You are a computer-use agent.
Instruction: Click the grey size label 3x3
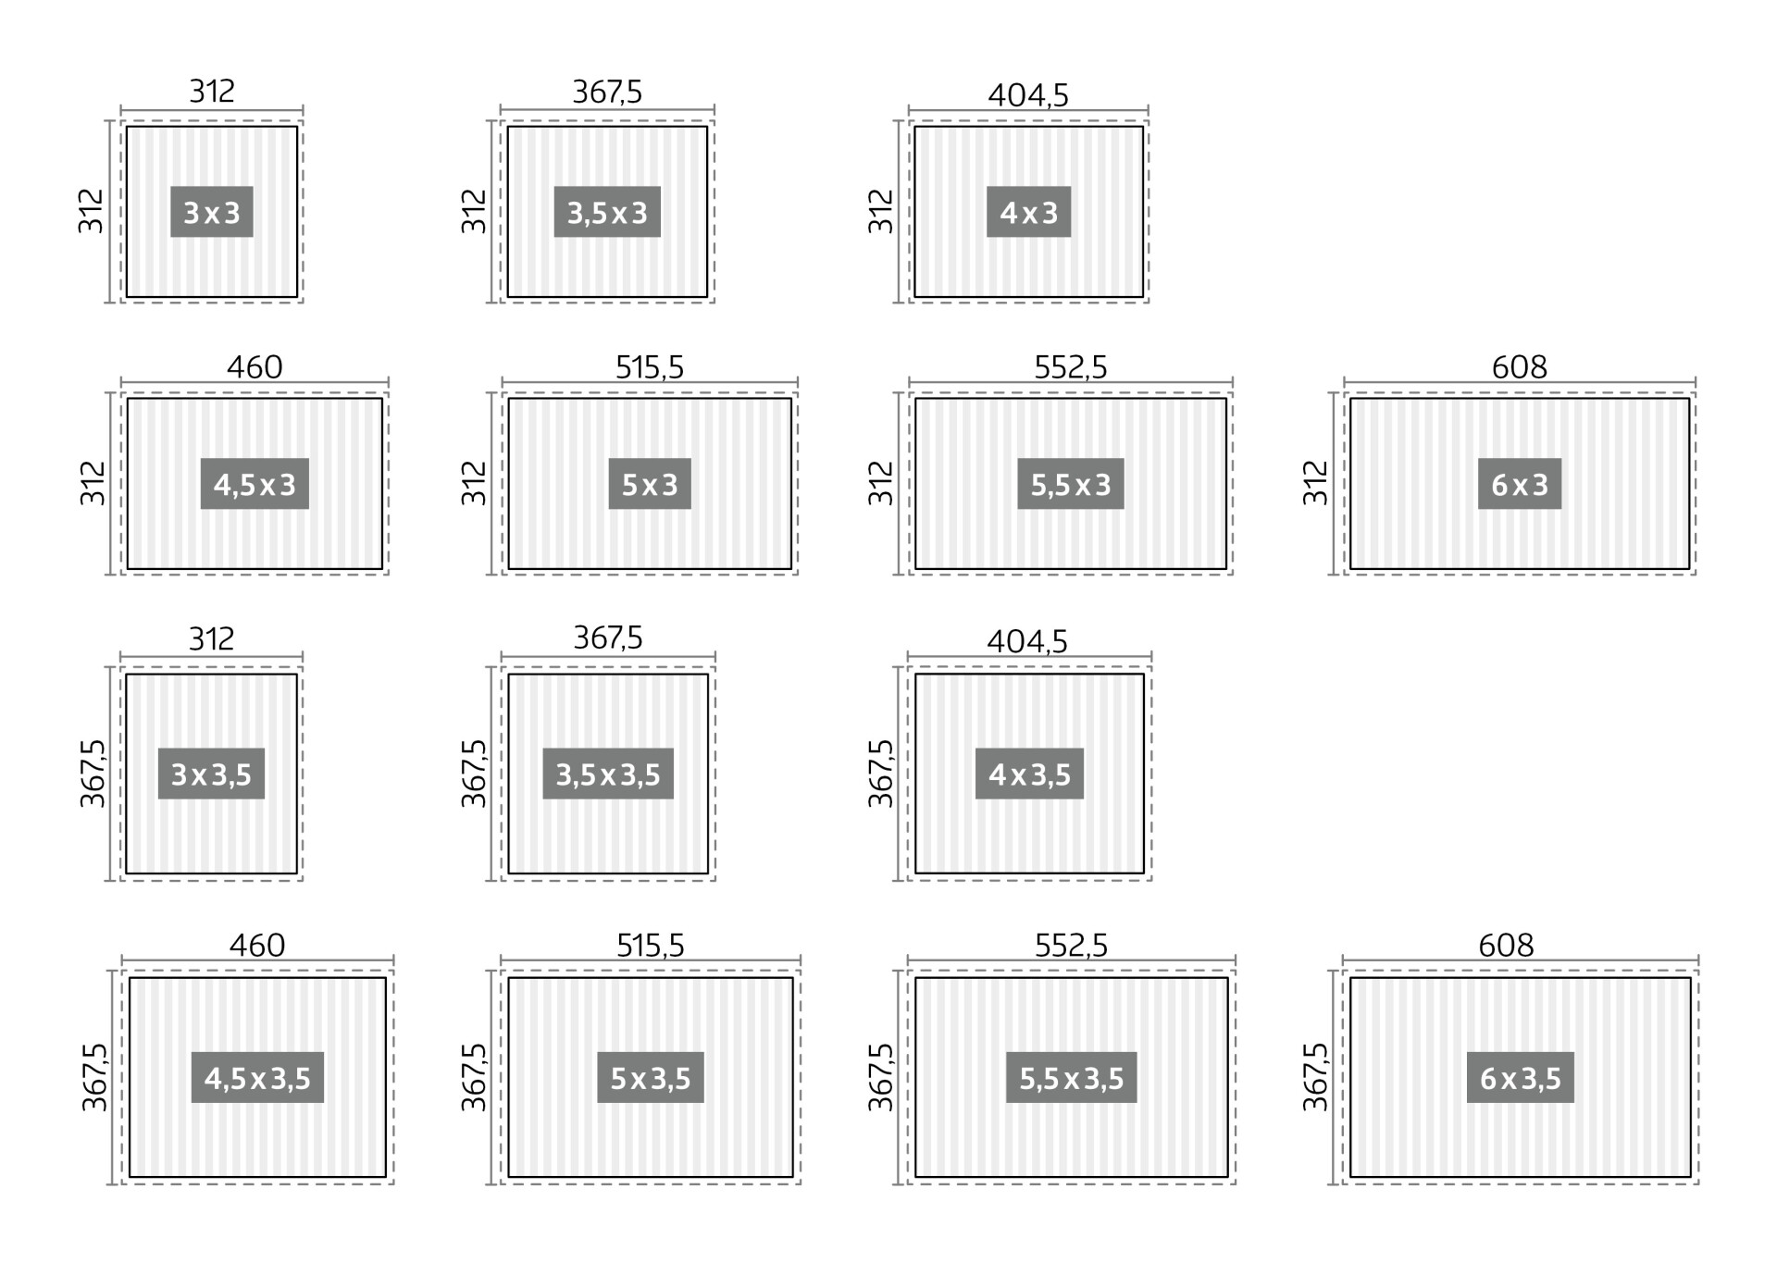click(x=211, y=212)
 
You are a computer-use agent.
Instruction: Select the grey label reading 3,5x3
click(x=607, y=212)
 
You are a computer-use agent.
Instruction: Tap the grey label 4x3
click(x=1028, y=212)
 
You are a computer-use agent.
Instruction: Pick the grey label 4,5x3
click(x=255, y=484)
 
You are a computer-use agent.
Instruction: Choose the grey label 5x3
click(x=650, y=484)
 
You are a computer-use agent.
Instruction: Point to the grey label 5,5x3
click(x=1071, y=484)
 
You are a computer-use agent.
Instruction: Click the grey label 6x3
click(x=1520, y=484)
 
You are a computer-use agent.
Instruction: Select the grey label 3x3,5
click(x=211, y=774)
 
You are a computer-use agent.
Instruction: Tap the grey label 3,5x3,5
click(x=608, y=774)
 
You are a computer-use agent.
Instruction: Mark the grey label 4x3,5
click(x=1029, y=774)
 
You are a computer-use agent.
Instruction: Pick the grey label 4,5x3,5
click(x=257, y=1077)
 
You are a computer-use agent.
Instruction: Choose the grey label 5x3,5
click(x=651, y=1077)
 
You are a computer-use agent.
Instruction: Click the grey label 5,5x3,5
click(x=1072, y=1077)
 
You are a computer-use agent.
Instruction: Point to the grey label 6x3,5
click(x=1521, y=1077)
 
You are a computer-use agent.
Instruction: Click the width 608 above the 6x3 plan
click(x=1519, y=367)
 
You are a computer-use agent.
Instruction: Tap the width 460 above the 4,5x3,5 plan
click(x=257, y=946)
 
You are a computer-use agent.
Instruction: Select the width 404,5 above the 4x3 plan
click(x=1028, y=94)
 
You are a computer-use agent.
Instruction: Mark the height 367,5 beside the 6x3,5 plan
click(x=1315, y=1077)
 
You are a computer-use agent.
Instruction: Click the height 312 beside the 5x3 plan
click(x=473, y=483)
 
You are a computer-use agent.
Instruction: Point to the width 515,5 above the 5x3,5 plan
click(x=651, y=946)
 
